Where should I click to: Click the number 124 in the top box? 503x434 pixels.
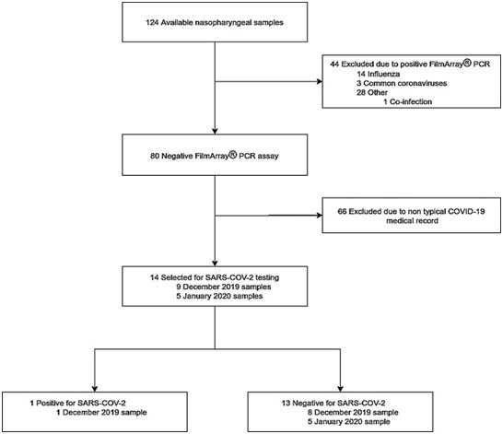(152, 22)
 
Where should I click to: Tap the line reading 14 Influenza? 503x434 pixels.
(379, 74)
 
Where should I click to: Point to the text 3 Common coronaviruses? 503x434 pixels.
(402, 84)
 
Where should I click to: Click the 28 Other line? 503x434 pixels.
(372, 92)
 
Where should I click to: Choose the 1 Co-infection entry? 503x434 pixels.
(408, 101)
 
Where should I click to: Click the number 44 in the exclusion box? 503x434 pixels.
(334, 65)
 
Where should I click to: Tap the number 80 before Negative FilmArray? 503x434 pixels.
(155, 156)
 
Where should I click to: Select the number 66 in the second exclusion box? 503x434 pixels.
(342, 211)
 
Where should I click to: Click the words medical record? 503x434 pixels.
(412, 221)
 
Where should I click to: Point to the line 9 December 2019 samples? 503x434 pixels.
(224, 287)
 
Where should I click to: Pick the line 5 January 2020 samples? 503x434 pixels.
(219, 296)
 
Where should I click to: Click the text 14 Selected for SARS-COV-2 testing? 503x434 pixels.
(215, 277)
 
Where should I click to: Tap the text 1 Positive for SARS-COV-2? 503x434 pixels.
(77, 403)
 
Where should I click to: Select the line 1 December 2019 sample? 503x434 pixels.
(101, 412)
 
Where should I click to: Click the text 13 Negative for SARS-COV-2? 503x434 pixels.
(333, 403)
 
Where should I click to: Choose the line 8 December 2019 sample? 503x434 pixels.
(353, 412)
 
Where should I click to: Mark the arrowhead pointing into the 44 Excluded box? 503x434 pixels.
(320, 81)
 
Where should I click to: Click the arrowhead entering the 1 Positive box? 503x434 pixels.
(95, 389)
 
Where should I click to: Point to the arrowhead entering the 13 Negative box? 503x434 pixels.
(340, 389)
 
